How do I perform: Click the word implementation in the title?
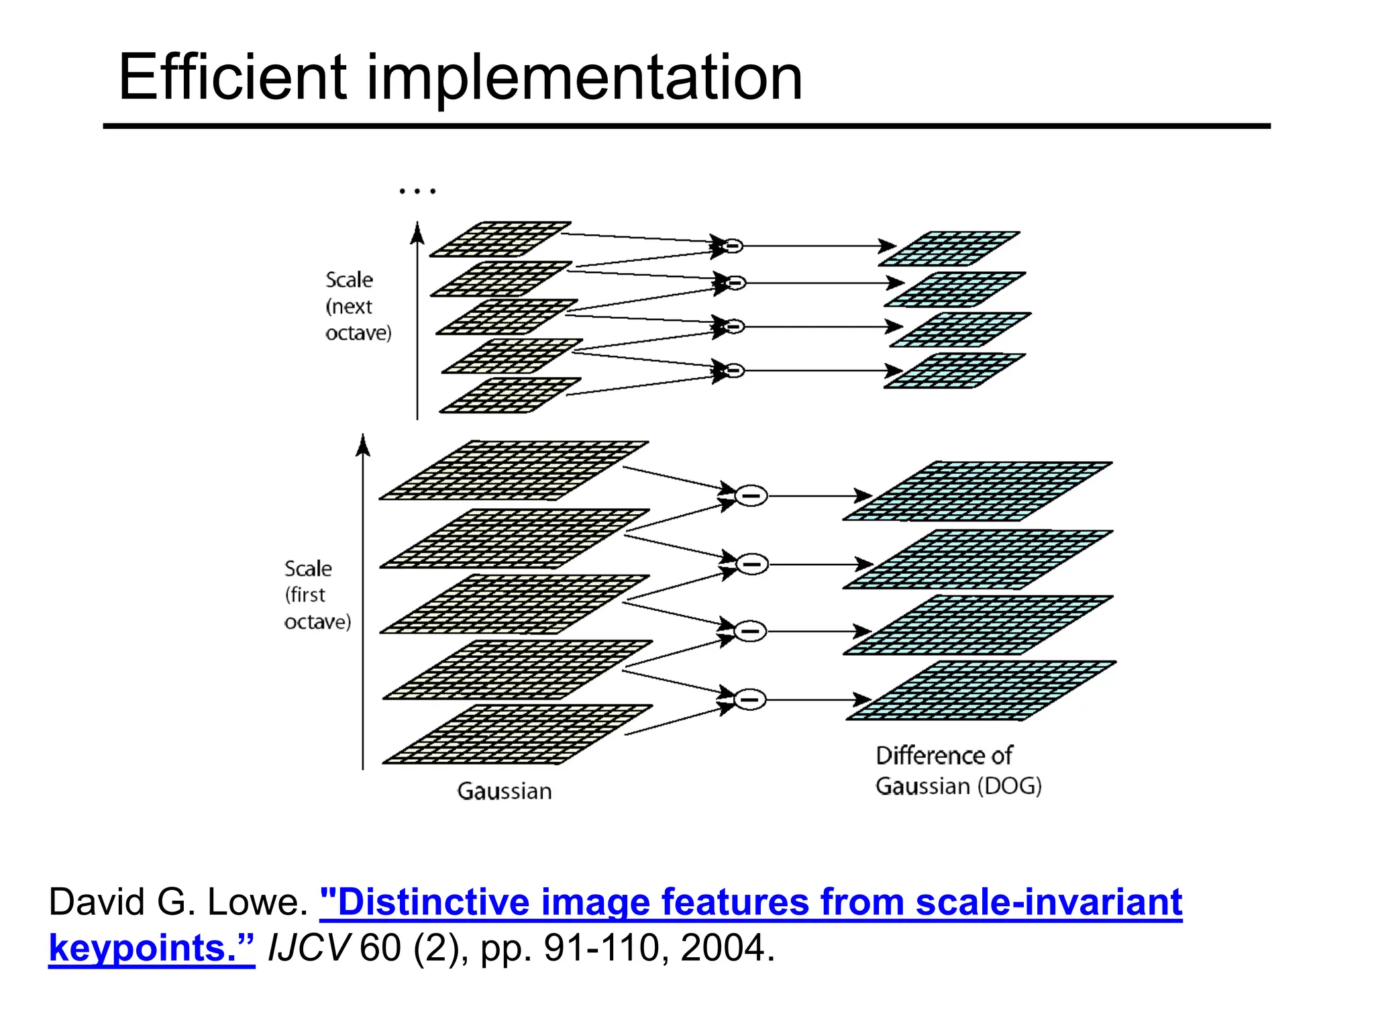(x=584, y=79)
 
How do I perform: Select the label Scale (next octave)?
(x=357, y=306)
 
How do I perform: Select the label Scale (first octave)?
(x=317, y=595)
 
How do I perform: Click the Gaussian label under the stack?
(x=505, y=791)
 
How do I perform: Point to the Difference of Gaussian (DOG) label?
(x=958, y=771)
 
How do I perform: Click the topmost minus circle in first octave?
(x=751, y=496)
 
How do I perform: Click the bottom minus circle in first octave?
(x=750, y=699)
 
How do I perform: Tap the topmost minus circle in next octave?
(x=733, y=246)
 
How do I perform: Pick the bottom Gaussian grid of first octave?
(x=517, y=734)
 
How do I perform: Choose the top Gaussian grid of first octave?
(x=513, y=471)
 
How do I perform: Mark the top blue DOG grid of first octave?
(x=977, y=491)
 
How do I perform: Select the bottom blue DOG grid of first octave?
(x=981, y=691)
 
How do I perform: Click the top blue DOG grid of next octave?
(x=949, y=249)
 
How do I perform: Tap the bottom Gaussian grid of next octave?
(x=510, y=395)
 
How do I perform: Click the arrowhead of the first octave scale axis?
(x=363, y=444)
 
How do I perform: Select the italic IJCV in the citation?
(x=309, y=948)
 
